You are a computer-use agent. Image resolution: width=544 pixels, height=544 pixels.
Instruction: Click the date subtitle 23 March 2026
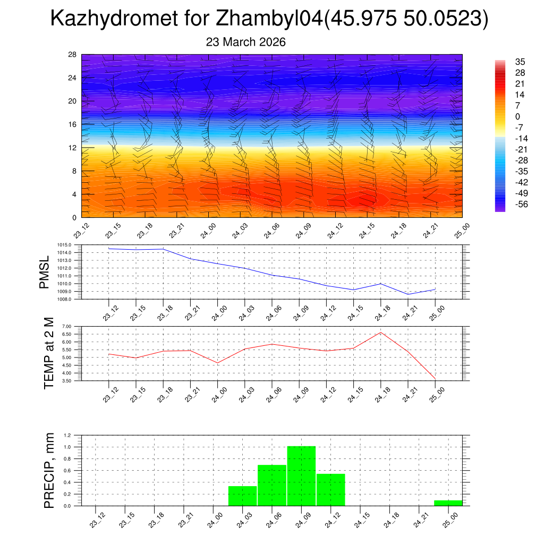click(245, 42)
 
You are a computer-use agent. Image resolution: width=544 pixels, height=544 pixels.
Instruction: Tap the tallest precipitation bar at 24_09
click(301, 476)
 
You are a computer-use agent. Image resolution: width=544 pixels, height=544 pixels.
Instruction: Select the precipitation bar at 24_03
click(242, 496)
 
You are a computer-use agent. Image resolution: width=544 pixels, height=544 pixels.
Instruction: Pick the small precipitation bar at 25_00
click(448, 503)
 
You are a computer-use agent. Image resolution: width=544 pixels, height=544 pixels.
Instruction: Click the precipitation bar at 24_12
click(331, 489)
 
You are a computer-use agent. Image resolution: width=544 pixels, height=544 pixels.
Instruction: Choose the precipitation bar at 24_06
click(272, 485)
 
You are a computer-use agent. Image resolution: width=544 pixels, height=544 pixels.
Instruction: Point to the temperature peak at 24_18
click(381, 333)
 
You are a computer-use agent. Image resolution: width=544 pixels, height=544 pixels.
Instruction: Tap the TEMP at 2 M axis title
click(49, 353)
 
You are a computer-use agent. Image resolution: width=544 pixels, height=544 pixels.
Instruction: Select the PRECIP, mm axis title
click(49, 470)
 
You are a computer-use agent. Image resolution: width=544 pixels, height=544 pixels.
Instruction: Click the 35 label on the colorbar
click(520, 62)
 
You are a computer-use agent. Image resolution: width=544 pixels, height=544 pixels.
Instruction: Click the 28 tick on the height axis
click(73, 55)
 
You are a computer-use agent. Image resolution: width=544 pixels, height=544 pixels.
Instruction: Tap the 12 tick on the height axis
click(73, 148)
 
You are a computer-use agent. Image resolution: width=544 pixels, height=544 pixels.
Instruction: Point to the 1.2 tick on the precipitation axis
click(67, 435)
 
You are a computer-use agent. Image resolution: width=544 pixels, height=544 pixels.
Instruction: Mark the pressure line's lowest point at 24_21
click(408, 294)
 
